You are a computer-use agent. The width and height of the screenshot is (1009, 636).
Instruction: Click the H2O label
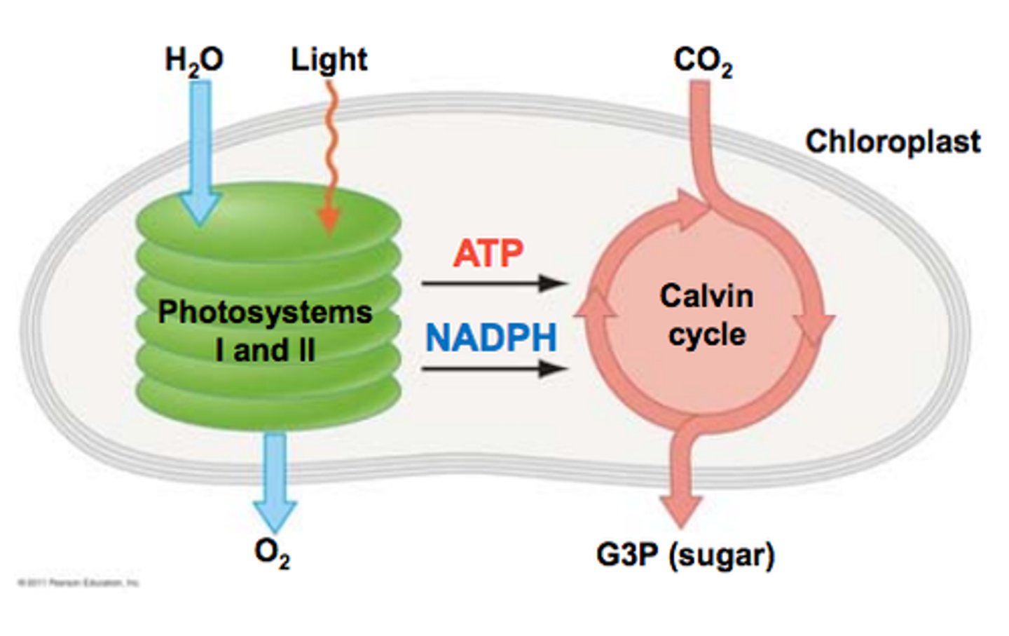coord(194,60)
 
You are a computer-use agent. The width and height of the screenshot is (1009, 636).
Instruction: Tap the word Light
coord(329,60)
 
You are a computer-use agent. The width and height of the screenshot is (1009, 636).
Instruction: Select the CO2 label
coord(702,61)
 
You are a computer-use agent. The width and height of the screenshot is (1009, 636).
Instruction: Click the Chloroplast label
coord(892,142)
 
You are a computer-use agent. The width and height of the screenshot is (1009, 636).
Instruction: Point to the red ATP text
coord(488,253)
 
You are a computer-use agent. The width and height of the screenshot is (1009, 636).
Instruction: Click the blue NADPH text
coord(491,338)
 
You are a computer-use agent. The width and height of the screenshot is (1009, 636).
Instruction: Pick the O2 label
coord(272,554)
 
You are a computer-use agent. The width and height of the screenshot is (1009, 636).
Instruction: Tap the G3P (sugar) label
coord(685,555)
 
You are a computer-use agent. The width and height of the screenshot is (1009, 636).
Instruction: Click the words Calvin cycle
coord(706,315)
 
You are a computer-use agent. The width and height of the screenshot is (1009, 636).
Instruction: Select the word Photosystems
coord(265,312)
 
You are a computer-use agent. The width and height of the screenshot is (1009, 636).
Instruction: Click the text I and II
coord(265,350)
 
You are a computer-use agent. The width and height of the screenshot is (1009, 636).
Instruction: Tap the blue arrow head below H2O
coord(200,207)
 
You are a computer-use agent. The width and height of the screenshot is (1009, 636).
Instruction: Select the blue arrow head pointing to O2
coord(274,516)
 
